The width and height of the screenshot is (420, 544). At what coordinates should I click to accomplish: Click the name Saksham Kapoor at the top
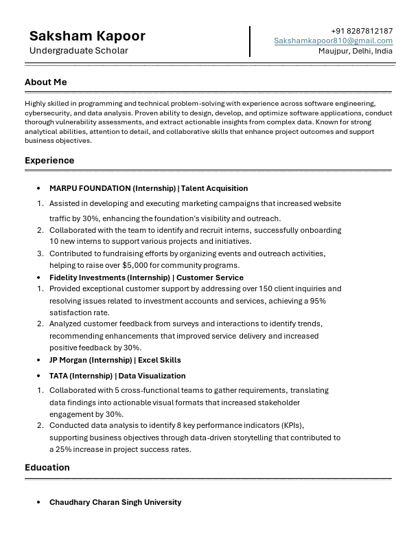pyautogui.click(x=87, y=36)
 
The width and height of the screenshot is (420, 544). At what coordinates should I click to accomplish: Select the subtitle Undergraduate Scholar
pyautogui.click(x=78, y=51)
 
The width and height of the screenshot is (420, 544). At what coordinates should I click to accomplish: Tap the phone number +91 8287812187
pyautogui.click(x=362, y=31)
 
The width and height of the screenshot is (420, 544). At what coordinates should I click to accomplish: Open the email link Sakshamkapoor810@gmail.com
pyautogui.click(x=334, y=41)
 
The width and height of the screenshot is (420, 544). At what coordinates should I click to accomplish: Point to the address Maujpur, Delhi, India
pyautogui.click(x=355, y=51)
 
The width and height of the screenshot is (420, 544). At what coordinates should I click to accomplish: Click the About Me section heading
pyautogui.click(x=46, y=82)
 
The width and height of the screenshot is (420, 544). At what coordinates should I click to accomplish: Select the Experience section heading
pyautogui.click(x=49, y=161)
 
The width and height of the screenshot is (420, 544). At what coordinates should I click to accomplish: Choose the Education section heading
pyautogui.click(x=47, y=468)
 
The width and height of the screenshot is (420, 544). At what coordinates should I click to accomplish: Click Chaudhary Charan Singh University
pyautogui.click(x=115, y=502)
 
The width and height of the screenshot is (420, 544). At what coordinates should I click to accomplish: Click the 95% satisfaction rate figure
pyautogui.click(x=318, y=301)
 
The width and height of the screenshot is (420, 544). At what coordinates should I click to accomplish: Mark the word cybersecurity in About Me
pyautogui.click(x=47, y=112)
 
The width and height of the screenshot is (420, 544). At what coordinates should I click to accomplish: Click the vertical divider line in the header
pyautogui.click(x=250, y=41)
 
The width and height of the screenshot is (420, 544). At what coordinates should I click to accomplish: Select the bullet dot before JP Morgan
pyautogui.click(x=39, y=360)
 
